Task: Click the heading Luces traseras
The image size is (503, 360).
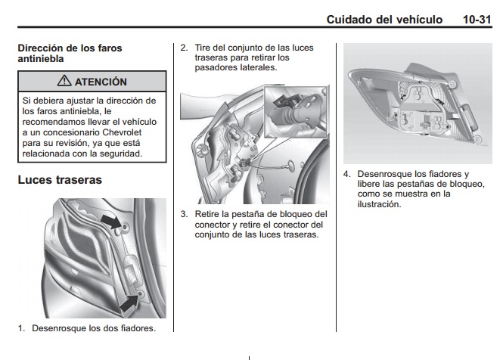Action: [x=60, y=181]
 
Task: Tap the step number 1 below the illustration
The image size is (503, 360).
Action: [x=21, y=328]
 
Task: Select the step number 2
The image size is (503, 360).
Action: [x=183, y=48]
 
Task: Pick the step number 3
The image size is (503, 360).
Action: [x=183, y=214]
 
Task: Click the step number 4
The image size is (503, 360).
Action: [x=346, y=173]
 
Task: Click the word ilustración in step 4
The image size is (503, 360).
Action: [x=380, y=203]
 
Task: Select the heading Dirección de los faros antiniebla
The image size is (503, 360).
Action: [x=70, y=52]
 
